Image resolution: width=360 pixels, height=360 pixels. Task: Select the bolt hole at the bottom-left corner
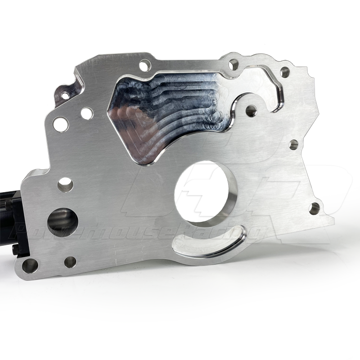pos(30,265)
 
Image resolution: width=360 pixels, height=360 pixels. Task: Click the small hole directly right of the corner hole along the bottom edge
pos(70,262)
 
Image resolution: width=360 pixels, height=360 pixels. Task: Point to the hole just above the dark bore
pos(65,183)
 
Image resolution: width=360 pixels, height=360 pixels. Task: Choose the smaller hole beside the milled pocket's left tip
pos(87,113)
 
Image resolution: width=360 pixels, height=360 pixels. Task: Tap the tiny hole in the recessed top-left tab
pos(65,95)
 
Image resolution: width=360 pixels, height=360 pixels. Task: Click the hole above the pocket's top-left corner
pos(144,66)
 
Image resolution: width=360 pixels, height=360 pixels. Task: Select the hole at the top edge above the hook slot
pos(233,65)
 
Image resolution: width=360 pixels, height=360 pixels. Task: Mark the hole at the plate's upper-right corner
pos(284,72)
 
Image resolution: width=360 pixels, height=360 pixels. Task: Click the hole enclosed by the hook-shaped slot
pos(251,109)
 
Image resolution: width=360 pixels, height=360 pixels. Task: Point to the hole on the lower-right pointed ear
pos(315,208)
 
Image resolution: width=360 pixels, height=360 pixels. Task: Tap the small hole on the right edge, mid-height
pos(293,145)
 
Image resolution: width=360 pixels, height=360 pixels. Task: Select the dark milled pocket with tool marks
pos(166,112)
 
